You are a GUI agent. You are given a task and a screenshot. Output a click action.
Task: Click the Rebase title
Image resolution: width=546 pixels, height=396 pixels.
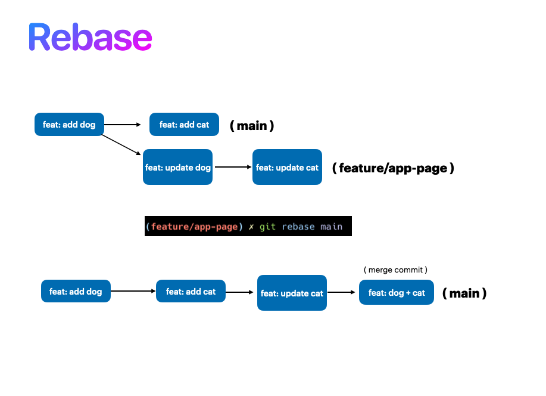90,38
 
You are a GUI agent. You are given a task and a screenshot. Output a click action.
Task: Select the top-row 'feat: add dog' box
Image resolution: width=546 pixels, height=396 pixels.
69,125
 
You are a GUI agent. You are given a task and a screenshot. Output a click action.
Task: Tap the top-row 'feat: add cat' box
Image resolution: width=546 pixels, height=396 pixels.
184,125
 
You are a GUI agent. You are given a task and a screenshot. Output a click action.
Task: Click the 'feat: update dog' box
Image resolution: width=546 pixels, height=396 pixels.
177,168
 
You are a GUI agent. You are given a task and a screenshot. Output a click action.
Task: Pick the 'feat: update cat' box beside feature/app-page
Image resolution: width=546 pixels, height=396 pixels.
287,168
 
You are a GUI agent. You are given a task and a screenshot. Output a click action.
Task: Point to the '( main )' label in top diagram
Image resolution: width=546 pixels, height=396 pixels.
252,125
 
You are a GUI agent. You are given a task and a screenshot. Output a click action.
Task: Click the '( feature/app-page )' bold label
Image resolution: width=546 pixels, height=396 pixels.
393,168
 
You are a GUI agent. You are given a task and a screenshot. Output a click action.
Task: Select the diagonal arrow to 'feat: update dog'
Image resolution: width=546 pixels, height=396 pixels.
122,146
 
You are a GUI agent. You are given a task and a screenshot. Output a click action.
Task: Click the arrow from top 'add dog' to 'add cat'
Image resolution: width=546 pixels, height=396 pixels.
122,125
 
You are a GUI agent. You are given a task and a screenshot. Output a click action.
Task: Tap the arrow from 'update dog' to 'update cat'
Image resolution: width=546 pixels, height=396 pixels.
233,168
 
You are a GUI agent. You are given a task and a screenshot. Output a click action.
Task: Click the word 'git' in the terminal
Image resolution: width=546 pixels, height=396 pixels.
267,227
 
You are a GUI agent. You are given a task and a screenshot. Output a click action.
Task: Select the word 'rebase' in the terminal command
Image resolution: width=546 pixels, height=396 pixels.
298,227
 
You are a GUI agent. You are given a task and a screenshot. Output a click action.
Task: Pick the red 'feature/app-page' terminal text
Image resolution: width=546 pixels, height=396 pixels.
194,227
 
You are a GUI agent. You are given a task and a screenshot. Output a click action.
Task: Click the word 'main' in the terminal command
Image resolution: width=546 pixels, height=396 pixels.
331,227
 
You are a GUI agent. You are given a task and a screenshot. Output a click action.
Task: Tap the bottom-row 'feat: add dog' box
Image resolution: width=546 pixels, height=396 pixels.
76,292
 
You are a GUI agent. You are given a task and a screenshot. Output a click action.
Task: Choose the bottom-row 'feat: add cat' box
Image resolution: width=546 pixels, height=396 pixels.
191,292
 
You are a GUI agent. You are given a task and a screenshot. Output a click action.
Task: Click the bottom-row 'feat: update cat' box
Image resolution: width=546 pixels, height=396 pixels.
292,293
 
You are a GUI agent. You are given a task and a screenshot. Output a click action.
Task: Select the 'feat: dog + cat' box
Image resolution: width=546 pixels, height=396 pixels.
397,293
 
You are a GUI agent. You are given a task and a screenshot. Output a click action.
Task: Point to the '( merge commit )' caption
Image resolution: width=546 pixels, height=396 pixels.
395,270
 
